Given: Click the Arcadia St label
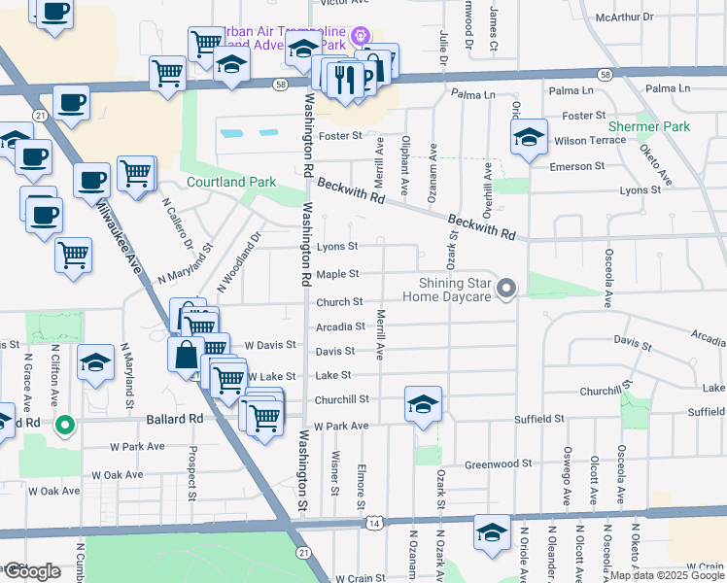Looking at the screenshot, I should click(x=339, y=326).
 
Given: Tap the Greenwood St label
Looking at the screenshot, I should click(x=499, y=464).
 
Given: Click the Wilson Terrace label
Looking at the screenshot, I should click(x=590, y=141).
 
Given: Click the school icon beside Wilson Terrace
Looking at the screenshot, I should click(x=529, y=138).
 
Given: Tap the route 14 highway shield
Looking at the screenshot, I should click(x=373, y=523).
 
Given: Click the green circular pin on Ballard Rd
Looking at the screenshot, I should click(x=65, y=424).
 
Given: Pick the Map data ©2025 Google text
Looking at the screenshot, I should click(x=667, y=575).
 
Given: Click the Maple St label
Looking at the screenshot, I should click(x=338, y=275).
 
